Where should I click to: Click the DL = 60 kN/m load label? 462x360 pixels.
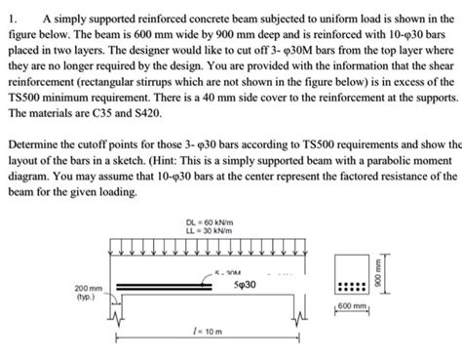(206, 222)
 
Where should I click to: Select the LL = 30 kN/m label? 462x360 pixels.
(206, 232)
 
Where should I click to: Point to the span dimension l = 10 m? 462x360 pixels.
(206, 331)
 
